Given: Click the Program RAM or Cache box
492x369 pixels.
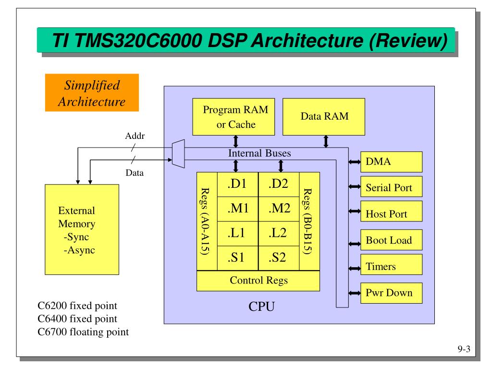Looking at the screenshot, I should [235, 117].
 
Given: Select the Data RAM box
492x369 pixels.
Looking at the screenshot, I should [323, 116].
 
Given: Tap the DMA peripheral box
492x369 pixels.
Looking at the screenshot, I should [391, 162].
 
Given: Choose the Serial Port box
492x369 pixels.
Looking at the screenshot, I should [391, 187].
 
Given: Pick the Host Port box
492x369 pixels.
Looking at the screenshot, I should [391, 214].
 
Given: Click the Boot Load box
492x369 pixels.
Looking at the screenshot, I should [391, 240].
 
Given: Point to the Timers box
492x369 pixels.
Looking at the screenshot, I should [391, 266].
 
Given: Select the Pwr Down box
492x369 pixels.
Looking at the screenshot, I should [391, 292].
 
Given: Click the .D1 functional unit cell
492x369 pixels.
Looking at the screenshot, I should [237, 184].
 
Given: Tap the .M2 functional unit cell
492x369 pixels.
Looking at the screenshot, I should [279, 209].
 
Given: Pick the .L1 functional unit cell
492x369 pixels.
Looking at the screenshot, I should [237, 234].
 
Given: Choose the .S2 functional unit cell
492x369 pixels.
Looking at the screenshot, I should [279, 258].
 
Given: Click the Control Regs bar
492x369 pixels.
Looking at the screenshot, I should [258, 281].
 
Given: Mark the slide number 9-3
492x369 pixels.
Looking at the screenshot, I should [463, 350].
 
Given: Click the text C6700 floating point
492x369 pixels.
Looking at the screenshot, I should [83, 332].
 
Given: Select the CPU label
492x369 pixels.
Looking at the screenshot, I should [261, 306].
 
